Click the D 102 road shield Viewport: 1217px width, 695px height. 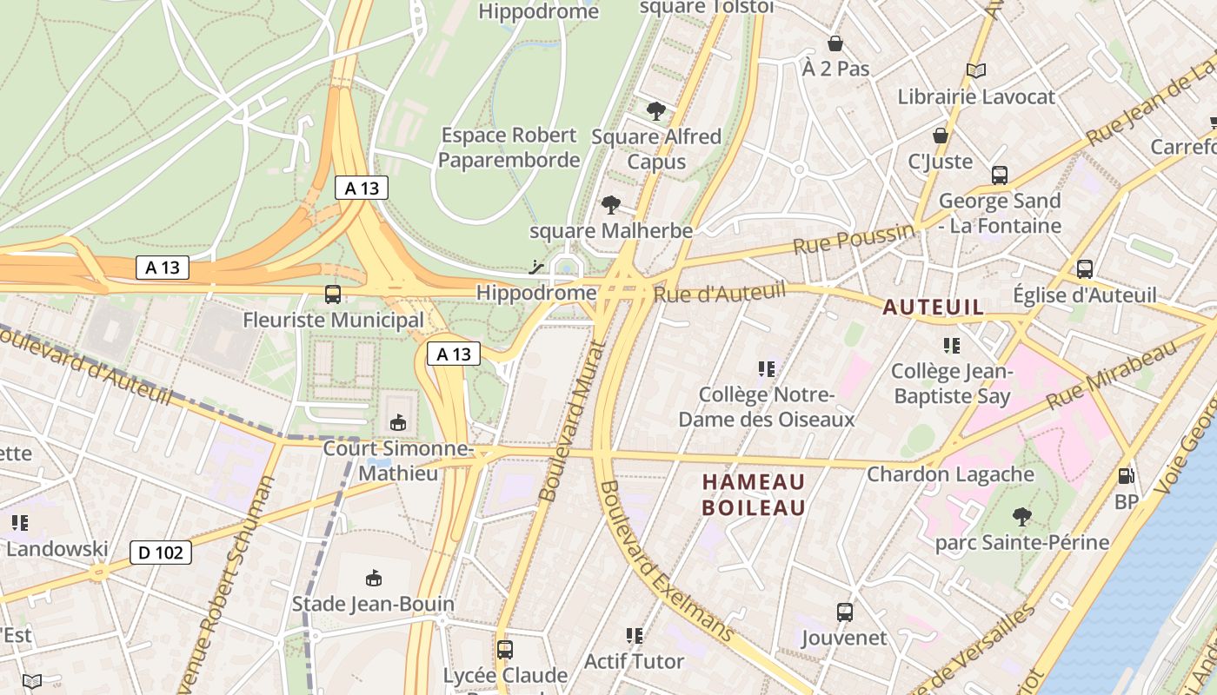coord(161,553)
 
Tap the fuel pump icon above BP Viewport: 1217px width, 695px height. coord(1127,475)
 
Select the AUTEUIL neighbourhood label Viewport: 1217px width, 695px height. coord(934,307)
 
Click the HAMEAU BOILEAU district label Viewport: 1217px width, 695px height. coord(754,494)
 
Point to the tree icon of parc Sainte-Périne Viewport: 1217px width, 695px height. coord(1022,517)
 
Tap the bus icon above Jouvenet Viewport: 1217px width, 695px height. coord(844,612)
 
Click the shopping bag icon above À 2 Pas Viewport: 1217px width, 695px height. coord(835,43)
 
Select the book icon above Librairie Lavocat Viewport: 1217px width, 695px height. coord(976,71)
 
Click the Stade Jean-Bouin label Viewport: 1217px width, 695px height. coord(373,604)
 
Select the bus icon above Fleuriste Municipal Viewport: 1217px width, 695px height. coord(332,295)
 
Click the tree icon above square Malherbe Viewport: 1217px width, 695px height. coord(611,205)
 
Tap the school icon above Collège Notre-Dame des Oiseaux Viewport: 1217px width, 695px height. coord(766,369)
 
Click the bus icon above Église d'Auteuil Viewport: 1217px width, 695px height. coord(1084,269)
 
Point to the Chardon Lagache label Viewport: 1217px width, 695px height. coord(950,474)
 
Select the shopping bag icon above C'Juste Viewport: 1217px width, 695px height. coord(940,136)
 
